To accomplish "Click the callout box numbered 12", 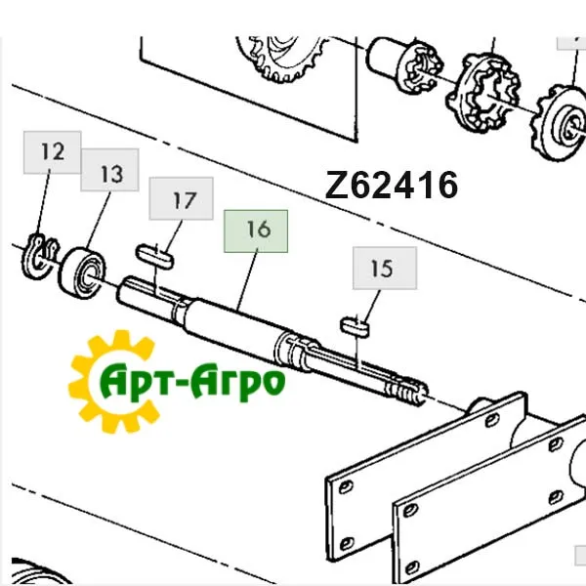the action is pos(53,152).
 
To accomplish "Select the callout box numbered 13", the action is pos(109,170).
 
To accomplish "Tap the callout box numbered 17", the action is pos(182,198).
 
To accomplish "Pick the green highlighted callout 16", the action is pos(256,231).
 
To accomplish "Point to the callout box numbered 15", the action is pos(385,268).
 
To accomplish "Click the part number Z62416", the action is pos(392,185).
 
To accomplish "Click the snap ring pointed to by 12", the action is pos(39,257).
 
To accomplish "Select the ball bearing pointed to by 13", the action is pos(81,272).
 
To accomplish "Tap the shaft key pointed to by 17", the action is pos(154,256).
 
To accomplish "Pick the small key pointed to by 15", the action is pos(355,325).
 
